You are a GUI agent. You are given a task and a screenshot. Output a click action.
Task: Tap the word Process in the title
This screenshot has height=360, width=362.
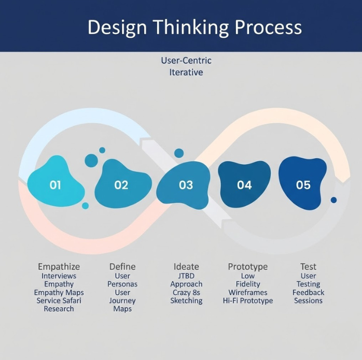(268, 27)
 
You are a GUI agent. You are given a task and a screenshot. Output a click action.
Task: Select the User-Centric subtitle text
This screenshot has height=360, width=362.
(186, 61)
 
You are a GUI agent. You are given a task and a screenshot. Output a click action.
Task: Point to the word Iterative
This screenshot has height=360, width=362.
(186, 73)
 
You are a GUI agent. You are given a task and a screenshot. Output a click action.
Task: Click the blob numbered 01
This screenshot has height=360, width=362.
(55, 181)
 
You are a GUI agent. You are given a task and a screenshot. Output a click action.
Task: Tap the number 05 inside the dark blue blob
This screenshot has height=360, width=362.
(303, 185)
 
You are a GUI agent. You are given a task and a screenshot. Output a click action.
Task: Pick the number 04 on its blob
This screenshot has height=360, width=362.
(244, 185)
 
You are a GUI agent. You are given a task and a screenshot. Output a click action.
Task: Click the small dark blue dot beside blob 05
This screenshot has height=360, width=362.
(333, 200)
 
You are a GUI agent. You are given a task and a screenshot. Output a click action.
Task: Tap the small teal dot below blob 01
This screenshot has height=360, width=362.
(86, 206)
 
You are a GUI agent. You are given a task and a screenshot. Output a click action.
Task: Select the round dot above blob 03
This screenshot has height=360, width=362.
(179, 153)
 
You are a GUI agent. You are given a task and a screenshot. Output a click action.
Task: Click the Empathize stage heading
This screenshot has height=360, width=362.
(59, 267)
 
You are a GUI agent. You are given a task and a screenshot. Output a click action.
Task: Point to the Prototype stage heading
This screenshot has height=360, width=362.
(248, 267)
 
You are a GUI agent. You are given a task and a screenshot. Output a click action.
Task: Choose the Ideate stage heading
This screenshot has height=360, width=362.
(186, 267)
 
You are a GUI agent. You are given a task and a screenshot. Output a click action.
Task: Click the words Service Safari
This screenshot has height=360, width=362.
(59, 300)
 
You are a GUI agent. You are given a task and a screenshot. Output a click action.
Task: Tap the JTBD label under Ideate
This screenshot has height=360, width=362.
(186, 276)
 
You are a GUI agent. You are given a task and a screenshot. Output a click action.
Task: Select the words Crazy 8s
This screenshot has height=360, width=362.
(186, 293)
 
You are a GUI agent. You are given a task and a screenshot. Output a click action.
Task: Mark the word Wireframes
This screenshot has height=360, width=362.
(248, 293)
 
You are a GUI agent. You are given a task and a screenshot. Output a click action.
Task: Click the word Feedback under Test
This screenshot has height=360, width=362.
(308, 293)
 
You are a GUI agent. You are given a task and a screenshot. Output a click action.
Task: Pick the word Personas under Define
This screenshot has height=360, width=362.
(122, 284)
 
